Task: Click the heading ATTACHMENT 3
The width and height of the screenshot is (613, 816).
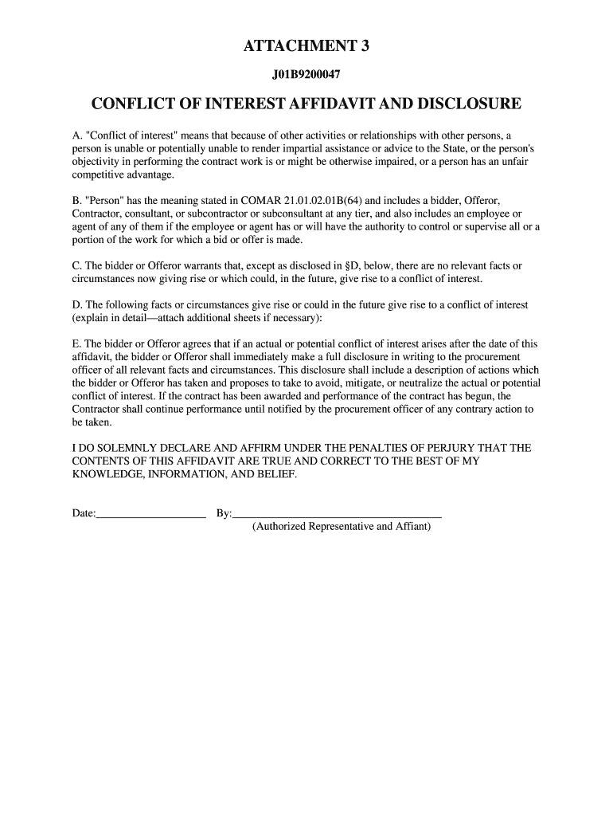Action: (306, 47)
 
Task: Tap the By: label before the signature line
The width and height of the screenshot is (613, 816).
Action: (224, 513)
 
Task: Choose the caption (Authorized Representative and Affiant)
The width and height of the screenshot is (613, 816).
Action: (342, 527)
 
